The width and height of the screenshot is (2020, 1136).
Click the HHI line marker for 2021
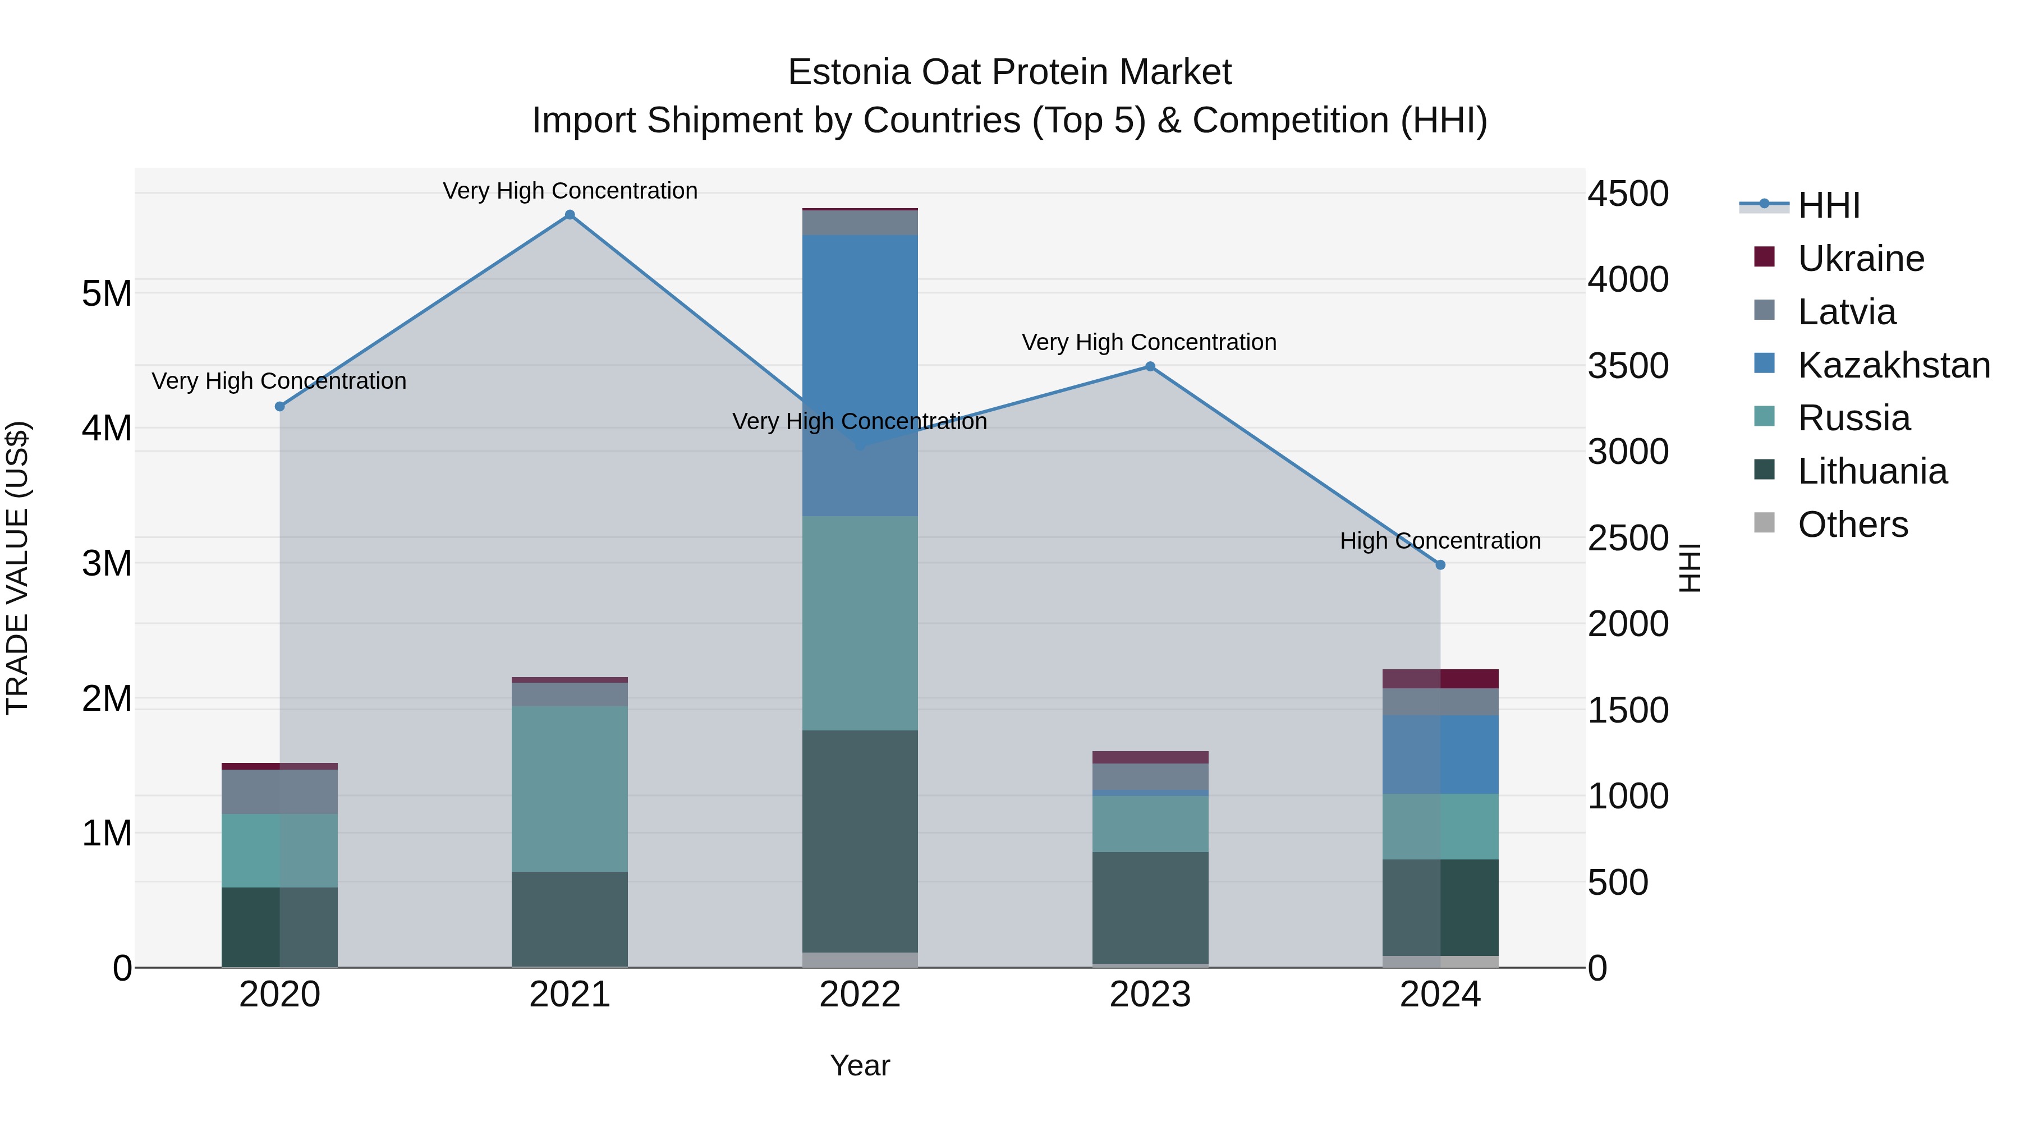(570, 215)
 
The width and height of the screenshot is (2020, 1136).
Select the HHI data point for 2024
(1440, 564)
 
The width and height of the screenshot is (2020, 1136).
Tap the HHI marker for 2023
(1150, 366)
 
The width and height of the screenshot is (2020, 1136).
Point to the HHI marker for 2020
(280, 406)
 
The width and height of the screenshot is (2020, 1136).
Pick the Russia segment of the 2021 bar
(570, 788)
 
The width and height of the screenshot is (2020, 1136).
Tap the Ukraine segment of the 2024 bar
(1440, 678)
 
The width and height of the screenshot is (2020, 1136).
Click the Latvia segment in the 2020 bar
(280, 791)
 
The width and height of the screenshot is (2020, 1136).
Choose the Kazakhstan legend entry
(1893, 365)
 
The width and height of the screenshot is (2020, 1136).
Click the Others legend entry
(1852, 525)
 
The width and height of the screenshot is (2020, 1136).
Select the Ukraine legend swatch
(1764, 257)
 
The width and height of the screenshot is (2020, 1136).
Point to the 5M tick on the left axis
(107, 294)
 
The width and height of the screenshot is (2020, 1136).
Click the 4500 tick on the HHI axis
(1628, 194)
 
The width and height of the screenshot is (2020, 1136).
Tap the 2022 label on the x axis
(860, 995)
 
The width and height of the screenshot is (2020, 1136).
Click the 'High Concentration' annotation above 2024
(1440, 540)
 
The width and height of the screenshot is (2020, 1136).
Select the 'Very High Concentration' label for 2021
(570, 191)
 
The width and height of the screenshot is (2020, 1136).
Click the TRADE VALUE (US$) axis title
(18, 568)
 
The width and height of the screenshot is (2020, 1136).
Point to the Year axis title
(860, 1065)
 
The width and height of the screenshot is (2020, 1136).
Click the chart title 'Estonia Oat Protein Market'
(1009, 72)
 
